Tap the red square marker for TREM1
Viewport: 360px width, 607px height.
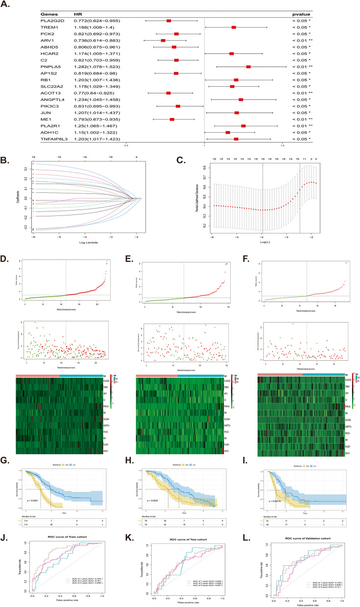click(x=234, y=27)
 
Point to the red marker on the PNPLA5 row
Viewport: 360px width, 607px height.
click(x=248, y=66)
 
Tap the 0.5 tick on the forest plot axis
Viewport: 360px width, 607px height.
click(x=126, y=145)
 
